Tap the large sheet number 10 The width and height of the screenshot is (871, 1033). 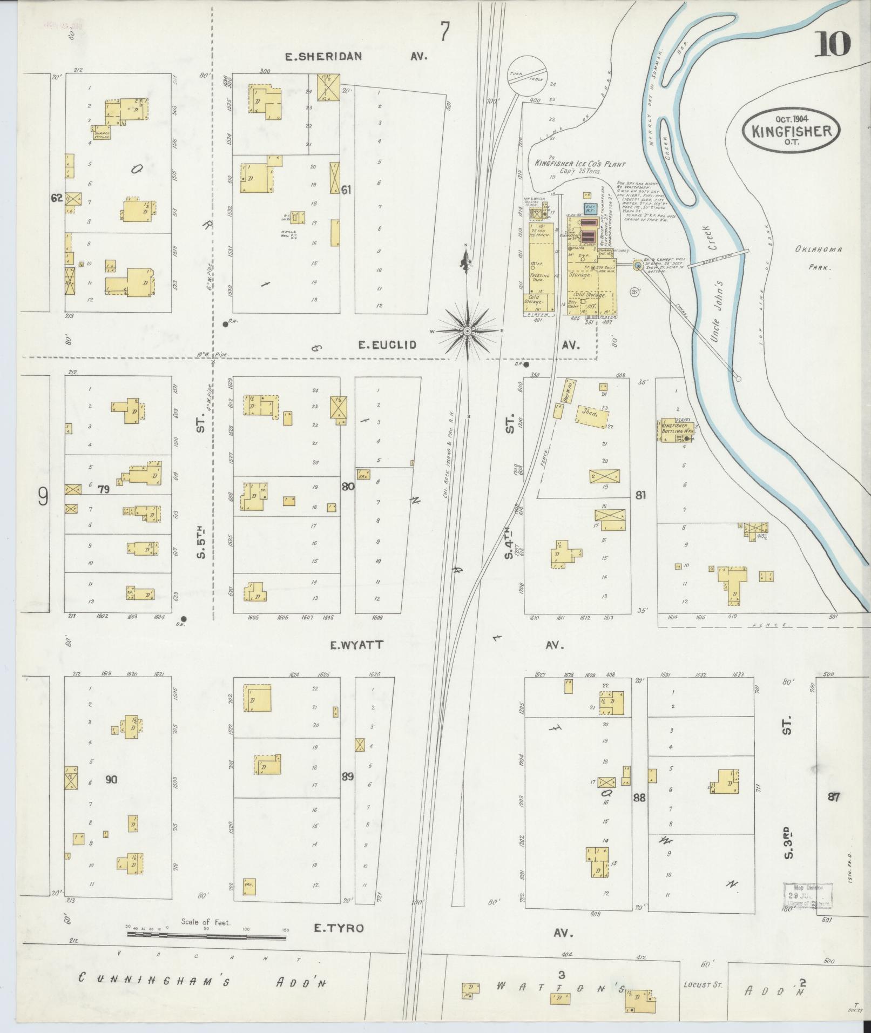click(832, 44)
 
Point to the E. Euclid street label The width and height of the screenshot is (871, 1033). click(388, 345)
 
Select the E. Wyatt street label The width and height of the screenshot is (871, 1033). click(356, 644)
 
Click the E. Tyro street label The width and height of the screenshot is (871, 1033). click(339, 928)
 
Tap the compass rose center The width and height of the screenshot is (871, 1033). click(467, 329)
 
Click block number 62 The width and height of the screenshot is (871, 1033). click(56, 198)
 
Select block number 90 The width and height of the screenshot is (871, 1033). click(111, 779)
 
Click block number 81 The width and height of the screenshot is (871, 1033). click(640, 495)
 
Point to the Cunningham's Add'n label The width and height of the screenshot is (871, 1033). click(202, 980)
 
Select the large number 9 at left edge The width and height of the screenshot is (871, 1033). click(43, 496)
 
